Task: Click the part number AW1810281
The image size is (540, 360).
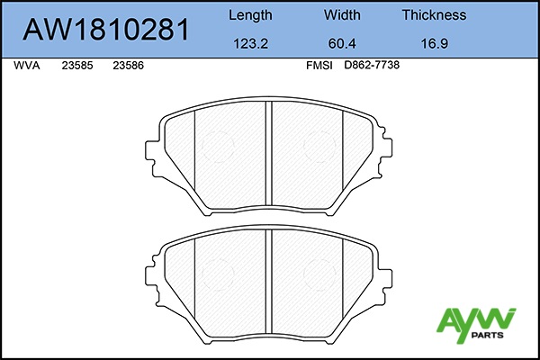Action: click(x=106, y=30)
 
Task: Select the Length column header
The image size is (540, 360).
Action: click(x=250, y=15)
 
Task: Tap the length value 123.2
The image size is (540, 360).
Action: click(x=250, y=44)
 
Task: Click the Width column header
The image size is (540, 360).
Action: click(x=342, y=14)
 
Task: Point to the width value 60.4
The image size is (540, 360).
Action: click(x=342, y=44)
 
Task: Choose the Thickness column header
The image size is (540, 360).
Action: click(x=434, y=14)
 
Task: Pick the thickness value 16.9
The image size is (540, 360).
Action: click(x=435, y=44)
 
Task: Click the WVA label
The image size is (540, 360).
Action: click(x=27, y=66)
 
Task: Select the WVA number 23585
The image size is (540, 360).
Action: click(x=77, y=66)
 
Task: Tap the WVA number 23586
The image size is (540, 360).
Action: click(x=128, y=66)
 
